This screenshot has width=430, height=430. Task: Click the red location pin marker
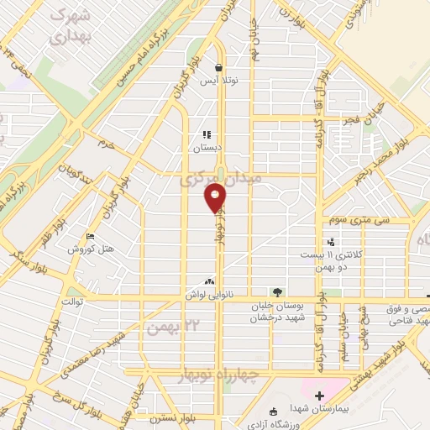click(x=216, y=198)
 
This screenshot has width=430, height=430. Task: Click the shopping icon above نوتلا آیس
click(x=218, y=69)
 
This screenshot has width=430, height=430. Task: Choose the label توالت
click(x=71, y=300)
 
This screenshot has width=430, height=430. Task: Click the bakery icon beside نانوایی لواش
click(x=209, y=282)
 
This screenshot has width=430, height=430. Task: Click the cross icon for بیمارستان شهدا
click(x=318, y=396)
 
